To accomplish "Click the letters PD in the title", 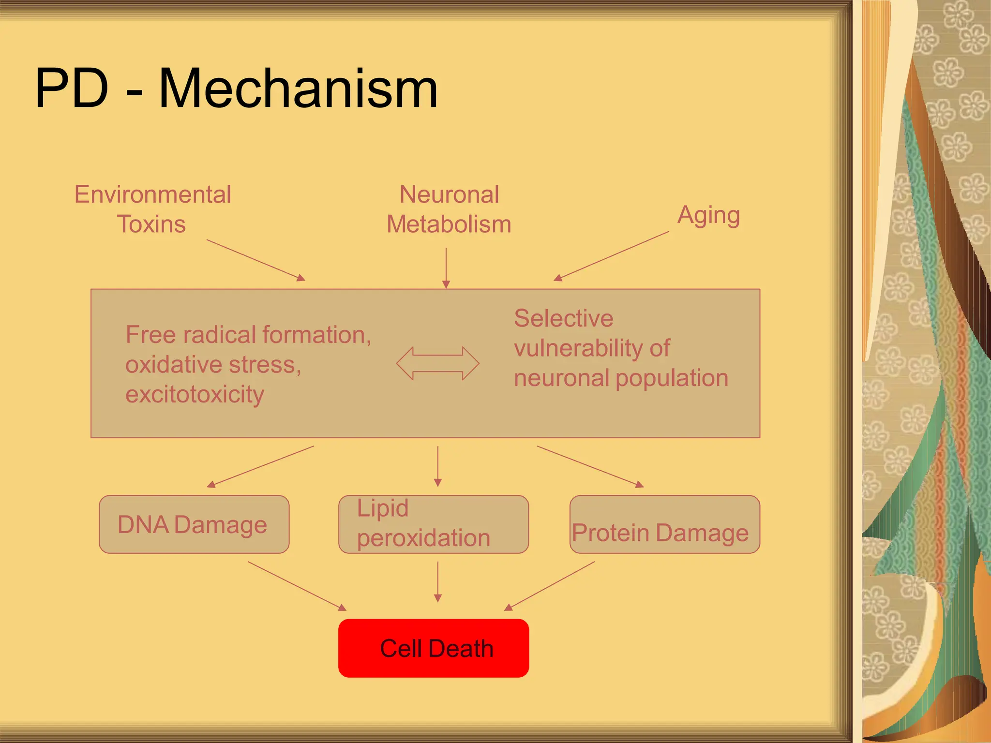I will point(72,89).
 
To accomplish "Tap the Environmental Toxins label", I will point(152,209).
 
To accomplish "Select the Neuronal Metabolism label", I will point(449,209).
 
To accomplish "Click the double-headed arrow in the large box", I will point(437,363).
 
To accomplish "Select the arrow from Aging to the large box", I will point(612,256).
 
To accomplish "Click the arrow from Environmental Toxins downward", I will point(255,260).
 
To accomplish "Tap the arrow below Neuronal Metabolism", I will point(446,268).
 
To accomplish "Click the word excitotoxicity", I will point(195,394).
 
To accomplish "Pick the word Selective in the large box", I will point(563,318).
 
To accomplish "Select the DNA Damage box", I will point(194,524).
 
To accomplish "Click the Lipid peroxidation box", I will point(434,524).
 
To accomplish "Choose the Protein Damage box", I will point(664,524).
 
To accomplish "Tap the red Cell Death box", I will point(434,648).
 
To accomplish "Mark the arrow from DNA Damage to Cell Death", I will point(297,586).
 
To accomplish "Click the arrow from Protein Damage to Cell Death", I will point(550,586).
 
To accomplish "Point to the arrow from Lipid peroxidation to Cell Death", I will point(438,581).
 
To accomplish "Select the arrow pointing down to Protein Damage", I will point(590,466).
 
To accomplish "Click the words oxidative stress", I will point(213,364).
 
